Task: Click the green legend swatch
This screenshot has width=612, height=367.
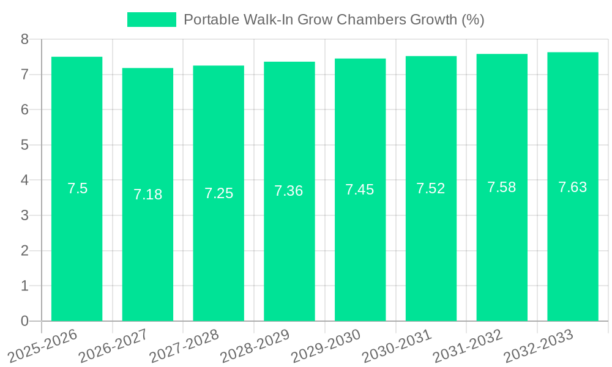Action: point(151,20)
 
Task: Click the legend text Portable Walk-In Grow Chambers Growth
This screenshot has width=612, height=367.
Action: point(334,20)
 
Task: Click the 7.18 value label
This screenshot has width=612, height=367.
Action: point(147,195)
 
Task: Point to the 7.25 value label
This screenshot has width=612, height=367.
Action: point(218,193)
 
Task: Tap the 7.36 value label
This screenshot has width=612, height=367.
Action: point(289,191)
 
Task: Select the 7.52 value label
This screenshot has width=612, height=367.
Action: point(431,188)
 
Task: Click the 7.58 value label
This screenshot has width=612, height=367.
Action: point(502,187)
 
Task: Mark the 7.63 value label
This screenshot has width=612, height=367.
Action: point(572,187)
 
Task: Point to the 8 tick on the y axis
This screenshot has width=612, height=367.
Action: point(24,39)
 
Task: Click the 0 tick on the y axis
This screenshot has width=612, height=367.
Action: point(24,321)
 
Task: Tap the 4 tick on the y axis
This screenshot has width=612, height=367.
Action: point(24,180)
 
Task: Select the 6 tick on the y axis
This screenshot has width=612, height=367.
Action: point(24,109)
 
